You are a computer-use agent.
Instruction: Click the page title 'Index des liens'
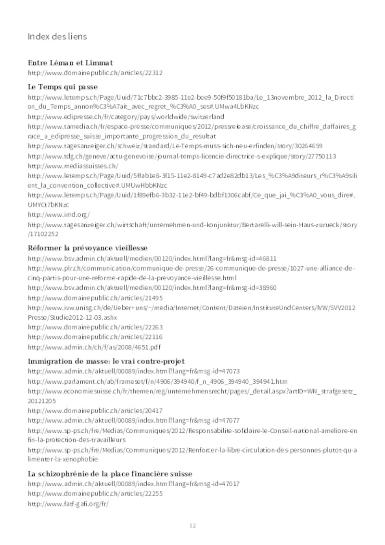(x=57, y=37)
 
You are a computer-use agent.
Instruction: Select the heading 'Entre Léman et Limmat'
(x=70, y=63)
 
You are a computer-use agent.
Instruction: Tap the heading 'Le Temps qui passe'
(x=63, y=87)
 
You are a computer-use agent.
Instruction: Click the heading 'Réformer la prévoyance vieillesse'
(x=88, y=248)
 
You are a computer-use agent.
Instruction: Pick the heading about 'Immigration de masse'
(x=106, y=361)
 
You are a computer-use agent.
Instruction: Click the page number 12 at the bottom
(x=192, y=525)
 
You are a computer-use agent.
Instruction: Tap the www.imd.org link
(x=59, y=215)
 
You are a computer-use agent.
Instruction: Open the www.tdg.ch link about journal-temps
(x=182, y=156)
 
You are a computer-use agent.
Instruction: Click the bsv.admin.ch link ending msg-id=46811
(x=152, y=259)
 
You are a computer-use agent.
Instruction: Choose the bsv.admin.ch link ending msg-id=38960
(x=152, y=288)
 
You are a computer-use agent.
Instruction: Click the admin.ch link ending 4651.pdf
(x=94, y=347)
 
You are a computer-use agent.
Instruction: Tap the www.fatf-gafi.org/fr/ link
(x=68, y=504)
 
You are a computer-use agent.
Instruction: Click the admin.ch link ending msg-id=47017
(x=134, y=484)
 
